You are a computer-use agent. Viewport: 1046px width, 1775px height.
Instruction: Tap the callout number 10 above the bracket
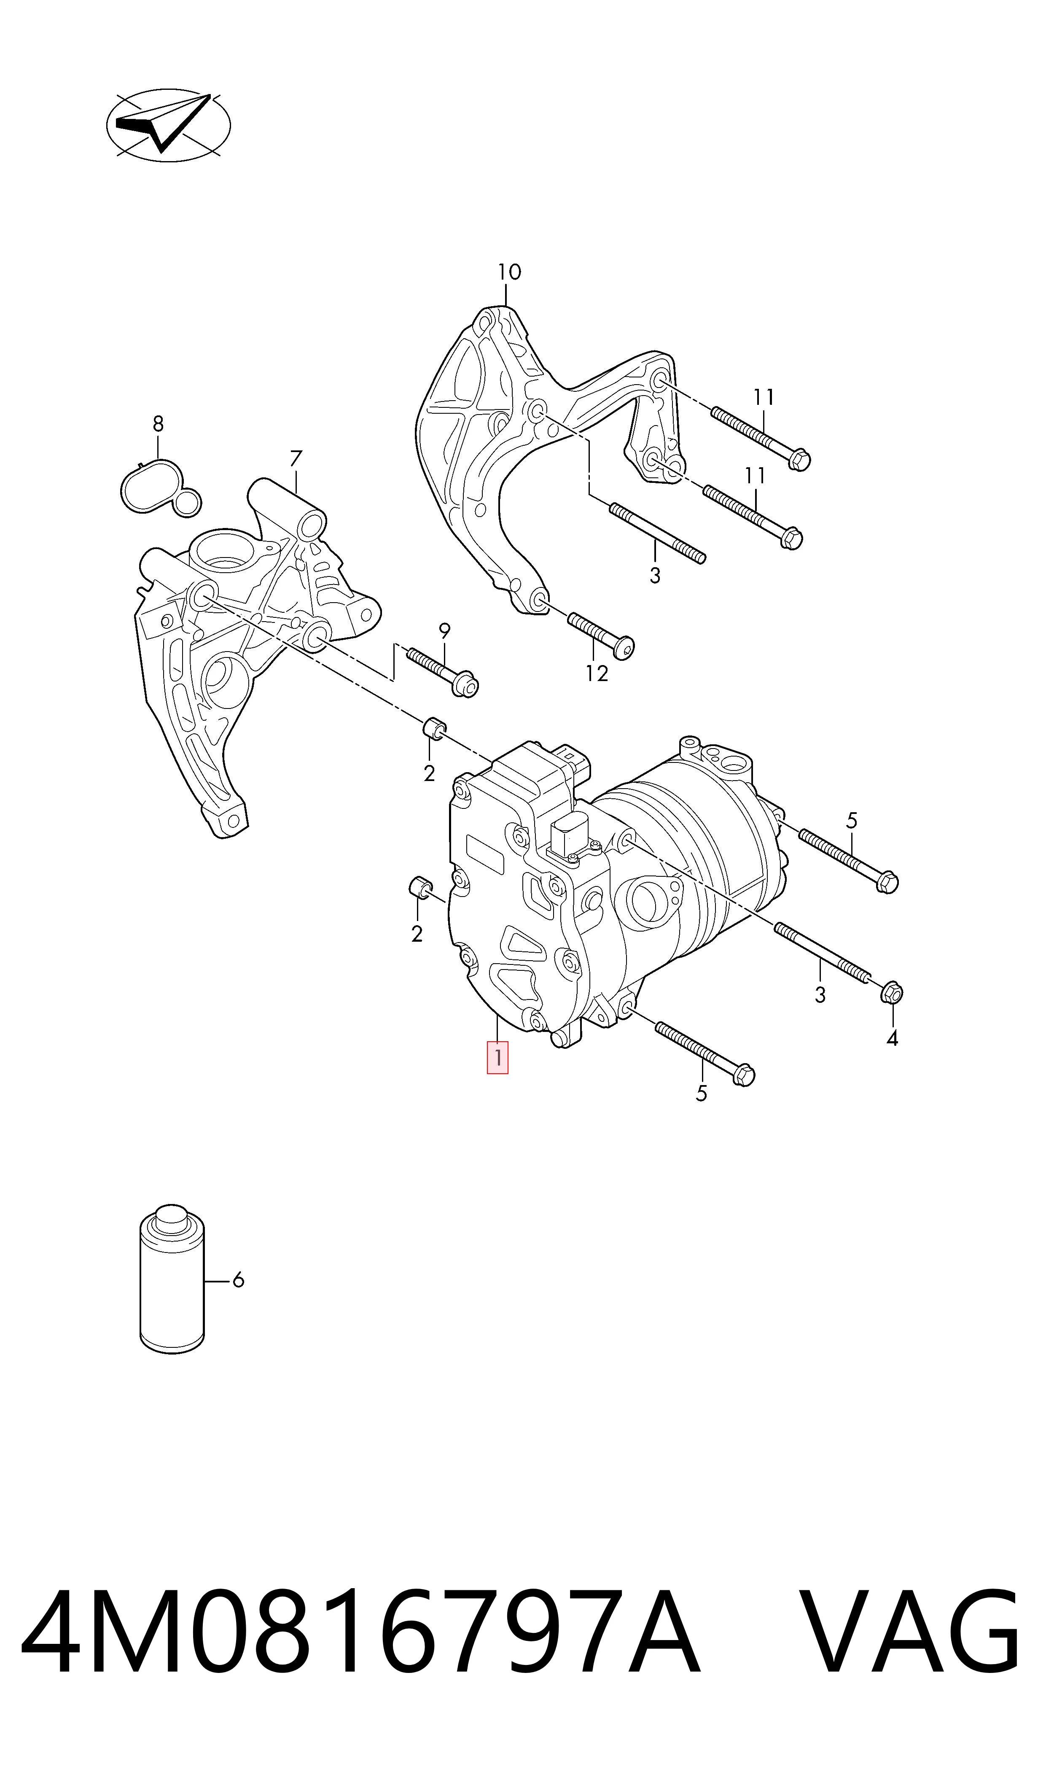pyautogui.click(x=509, y=272)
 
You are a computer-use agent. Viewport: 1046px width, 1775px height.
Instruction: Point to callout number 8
pyautogui.click(x=158, y=424)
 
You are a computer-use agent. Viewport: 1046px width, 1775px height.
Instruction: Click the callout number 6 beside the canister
pyautogui.click(x=238, y=1279)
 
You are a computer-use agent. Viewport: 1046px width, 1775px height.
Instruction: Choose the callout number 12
pyautogui.click(x=596, y=674)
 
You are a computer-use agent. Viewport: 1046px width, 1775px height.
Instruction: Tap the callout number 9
pyautogui.click(x=444, y=631)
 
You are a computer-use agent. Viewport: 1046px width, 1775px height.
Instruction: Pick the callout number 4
pyautogui.click(x=893, y=1038)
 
